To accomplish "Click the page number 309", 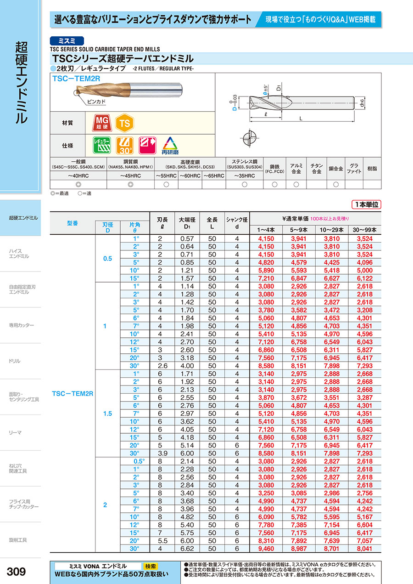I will [17, 572].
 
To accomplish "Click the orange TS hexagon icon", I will [123, 123].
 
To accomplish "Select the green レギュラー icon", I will [102, 145].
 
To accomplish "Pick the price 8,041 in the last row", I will [365, 549].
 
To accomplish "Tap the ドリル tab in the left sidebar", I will [15, 361].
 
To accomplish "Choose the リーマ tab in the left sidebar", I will [16, 433].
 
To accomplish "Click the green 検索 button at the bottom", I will [150, 566].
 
